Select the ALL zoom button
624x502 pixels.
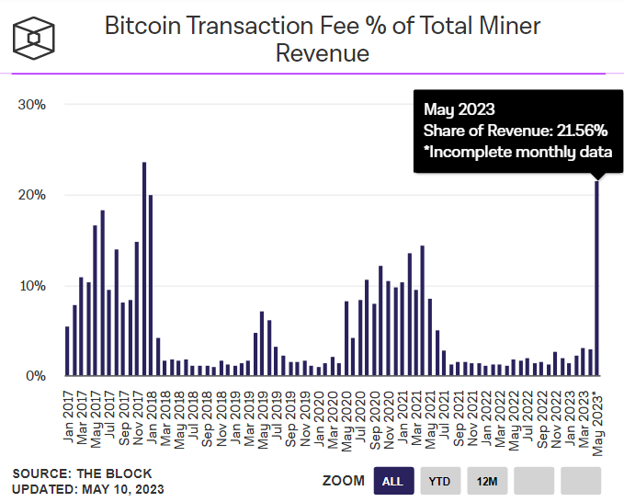[x=392, y=480]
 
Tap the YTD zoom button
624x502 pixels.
[x=441, y=480]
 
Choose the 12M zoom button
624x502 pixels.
[x=487, y=480]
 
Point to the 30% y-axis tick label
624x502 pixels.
[x=32, y=104]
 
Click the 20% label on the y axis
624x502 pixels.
[x=32, y=195]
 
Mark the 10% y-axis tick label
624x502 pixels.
[x=32, y=286]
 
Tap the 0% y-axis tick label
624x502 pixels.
[x=35, y=376]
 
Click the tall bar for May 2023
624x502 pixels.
[x=597, y=276]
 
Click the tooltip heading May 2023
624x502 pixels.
[x=459, y=110]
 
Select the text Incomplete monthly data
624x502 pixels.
[x=522, y=153]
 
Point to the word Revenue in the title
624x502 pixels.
[x=323, y=53]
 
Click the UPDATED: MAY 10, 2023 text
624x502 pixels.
[x=88, y=488]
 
